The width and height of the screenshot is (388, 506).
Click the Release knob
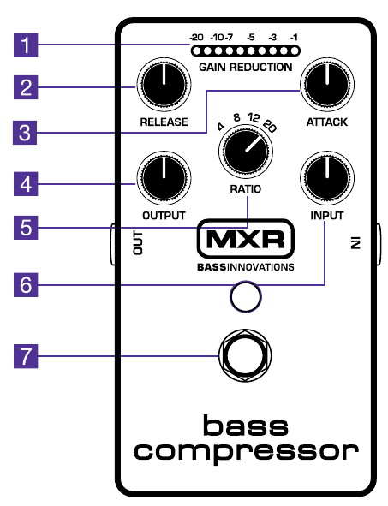(163, 88)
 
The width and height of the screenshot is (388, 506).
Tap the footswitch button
(244, 354)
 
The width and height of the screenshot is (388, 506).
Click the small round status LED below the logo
(244, 298)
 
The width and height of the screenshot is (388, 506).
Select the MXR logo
(244, 241)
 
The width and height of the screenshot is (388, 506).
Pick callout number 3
(30, 132)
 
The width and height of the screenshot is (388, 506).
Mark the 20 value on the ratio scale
(272, 125)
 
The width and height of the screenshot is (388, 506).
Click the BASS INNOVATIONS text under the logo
(244, 266)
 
